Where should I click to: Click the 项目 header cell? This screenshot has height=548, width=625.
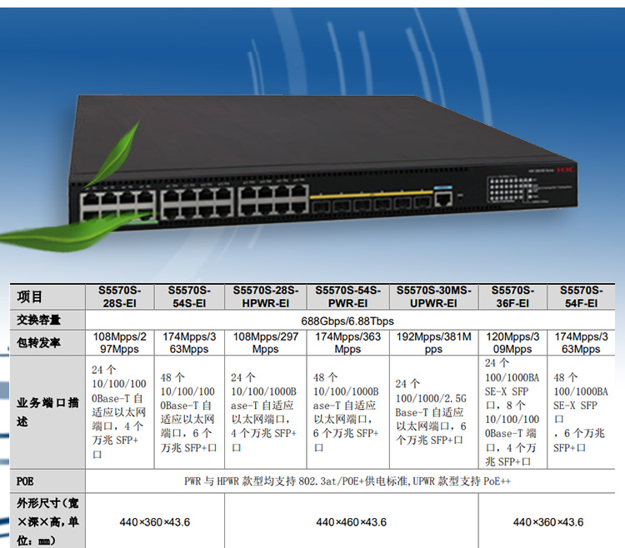[x=30, y=296]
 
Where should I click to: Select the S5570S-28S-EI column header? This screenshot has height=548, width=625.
[x=120, y=296]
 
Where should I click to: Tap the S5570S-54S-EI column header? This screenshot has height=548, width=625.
[x=189, y=296]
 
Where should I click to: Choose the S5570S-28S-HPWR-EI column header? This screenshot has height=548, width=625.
[x=265, y=296]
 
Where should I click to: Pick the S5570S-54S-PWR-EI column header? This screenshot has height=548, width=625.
[x=347, y=296]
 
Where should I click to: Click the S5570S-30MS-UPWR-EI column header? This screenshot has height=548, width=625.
[x=433, y=296]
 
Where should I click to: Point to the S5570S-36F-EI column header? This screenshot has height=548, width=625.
[x=512, y=296]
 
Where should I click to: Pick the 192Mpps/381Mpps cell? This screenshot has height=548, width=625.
[x=433, y=343]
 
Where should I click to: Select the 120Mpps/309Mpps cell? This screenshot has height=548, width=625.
[x=512, y=343]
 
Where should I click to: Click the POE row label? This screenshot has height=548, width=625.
[x=26, y=481]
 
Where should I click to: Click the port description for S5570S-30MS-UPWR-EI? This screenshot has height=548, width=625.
[x=433, y=411]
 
